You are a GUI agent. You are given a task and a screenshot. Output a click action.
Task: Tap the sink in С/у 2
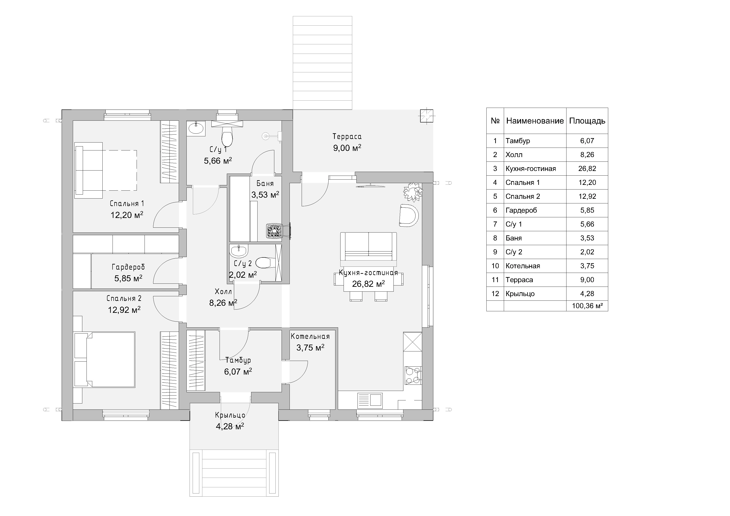[x=239, y=251]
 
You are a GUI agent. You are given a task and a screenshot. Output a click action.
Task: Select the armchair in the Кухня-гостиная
[x=409, y=215]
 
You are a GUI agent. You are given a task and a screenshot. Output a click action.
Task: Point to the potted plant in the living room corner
[x=413, y=192]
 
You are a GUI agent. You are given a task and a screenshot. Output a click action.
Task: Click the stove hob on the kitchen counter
[x=413, y=375]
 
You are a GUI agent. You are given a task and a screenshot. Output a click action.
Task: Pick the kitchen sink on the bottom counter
[x=370, y=400]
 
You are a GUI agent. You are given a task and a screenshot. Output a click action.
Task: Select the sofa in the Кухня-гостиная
[x=369, y=246]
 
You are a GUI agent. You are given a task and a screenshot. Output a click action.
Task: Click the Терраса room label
[x=347, y=136]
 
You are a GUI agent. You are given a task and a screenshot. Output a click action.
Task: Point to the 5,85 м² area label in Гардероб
[x=128, y=278]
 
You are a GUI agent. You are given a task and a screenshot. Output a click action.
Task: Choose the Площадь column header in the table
[x=587, y=121]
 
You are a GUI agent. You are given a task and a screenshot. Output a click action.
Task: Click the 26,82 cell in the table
[x=587, y=169]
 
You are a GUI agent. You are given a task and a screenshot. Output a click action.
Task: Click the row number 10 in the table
[x=495, y=266]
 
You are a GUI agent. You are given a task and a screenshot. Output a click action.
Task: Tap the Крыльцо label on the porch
[x=230, y=415]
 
